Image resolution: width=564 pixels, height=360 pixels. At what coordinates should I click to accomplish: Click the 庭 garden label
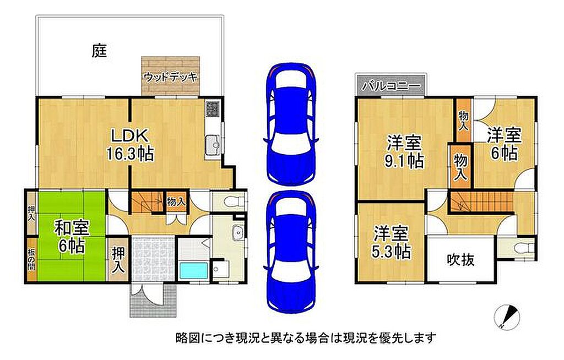point(99,51)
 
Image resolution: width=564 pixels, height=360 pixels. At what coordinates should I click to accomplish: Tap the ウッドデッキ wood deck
point(170,76)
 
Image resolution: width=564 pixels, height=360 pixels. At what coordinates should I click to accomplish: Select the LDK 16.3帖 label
point(129,145)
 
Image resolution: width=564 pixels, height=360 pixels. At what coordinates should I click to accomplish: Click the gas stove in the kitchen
point(212,108)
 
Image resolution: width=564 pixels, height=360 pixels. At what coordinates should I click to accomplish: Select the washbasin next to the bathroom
point(238,234)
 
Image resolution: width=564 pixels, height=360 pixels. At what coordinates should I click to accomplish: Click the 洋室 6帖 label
point(504,144)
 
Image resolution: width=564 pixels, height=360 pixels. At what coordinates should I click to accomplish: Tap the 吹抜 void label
point(461,259)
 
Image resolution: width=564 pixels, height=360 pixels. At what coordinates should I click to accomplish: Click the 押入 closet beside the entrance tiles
point(118,259)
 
